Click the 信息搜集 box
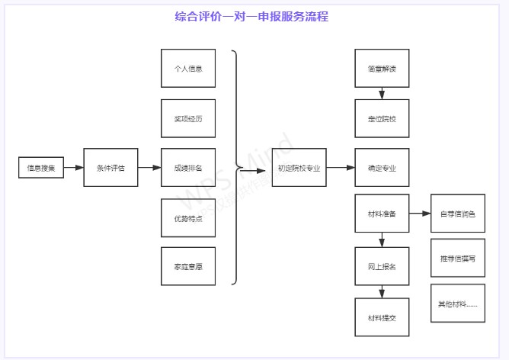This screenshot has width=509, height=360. click(x=40, y=167)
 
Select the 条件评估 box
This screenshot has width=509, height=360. click(x=110, y=167)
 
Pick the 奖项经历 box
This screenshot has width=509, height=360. click(x=188, y=118)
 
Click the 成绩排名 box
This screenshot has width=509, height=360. click(x=188, y=167)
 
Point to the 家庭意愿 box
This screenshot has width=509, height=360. click(x=188, y=266)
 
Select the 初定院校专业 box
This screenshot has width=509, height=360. click(x=299, y=167)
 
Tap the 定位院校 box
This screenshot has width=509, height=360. click(x=382, y=118)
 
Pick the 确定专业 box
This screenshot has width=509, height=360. click(x=382, y=167)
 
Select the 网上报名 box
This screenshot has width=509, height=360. click(x=382, y=266)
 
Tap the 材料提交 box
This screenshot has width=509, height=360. click(x=382, y=317)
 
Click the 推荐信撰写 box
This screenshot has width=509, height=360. click(x=457, y=259)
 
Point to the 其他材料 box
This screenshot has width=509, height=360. click(x=457, y=303)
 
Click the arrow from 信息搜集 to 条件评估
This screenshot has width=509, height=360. click(x=73, y=167)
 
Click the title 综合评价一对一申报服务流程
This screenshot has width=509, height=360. click(x=251, y=16)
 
